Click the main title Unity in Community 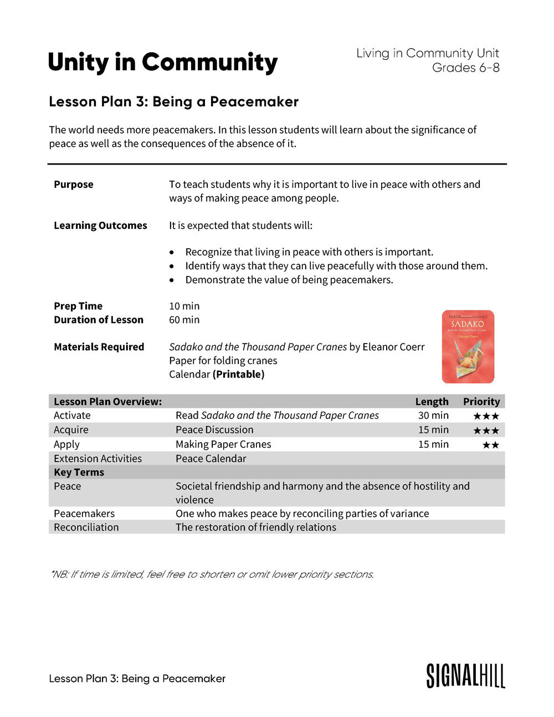(x=162, y=62)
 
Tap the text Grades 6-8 (x=465, y=68)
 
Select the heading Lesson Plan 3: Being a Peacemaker (x=173, y=101)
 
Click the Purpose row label (x=74, y=185)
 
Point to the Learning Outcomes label (x=100, y=226)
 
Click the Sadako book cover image (x=468, y=346)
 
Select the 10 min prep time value (x=184, y=306)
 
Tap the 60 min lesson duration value (x=184, y=320)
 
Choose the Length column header (x=432, y=402)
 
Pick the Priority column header (x=481, y=402)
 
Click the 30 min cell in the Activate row (x=433, y=416)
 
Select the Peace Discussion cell (x=214, y=430)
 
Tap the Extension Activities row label (x=98, y=458)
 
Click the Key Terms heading (x=79, y=472)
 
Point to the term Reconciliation (x=86, y=527)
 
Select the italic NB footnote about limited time (x=212, y=574)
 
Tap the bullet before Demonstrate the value (x=172, y=280)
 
